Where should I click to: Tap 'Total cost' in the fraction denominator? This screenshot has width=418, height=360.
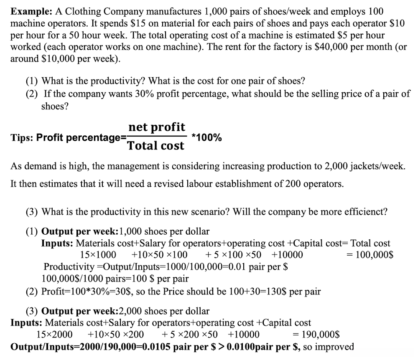155,146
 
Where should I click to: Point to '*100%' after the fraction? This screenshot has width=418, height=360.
206,137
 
